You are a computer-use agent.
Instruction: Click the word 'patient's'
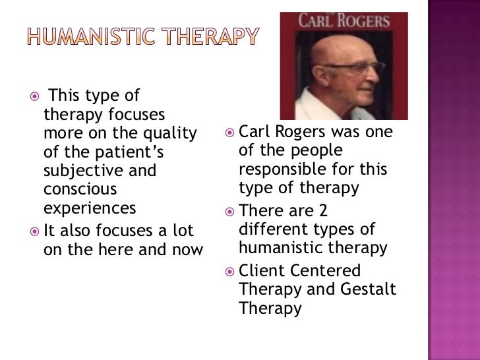click(x=126, y=153)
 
